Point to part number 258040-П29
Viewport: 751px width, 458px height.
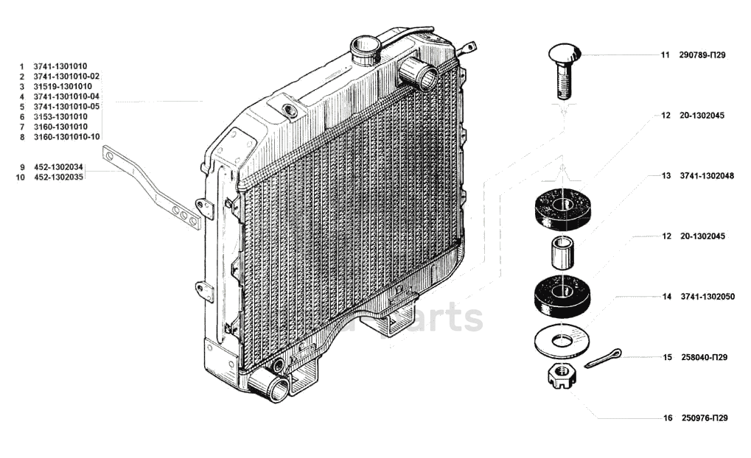pos(705,357)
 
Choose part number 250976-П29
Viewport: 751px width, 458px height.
pos(705,418)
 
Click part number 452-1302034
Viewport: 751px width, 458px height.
pos(59,167)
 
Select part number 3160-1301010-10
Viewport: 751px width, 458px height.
pos(67,137)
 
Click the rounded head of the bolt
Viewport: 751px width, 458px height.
pos(565,54)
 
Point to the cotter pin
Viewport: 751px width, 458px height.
pos(604,358)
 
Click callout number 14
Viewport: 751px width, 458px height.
pos(666,297)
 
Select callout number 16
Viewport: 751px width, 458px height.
pos(668,418)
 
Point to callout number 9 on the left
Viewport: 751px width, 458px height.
pos(23,167)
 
